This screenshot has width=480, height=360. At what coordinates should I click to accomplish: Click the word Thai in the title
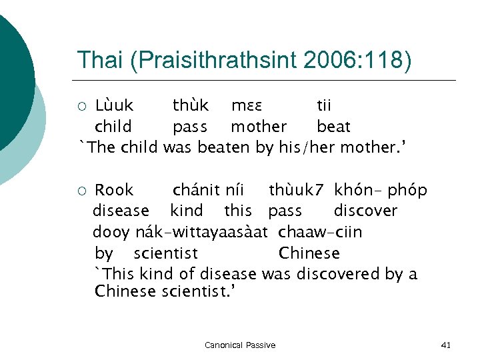tap(99, 60)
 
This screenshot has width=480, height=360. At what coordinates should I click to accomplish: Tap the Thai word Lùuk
tap(114, 105)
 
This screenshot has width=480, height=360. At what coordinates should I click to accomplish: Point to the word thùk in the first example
tap(191, 105)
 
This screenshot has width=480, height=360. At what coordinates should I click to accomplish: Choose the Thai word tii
tap(324, 105)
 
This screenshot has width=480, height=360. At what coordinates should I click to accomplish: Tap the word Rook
tap(114, 190)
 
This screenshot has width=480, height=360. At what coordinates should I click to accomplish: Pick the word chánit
tap(196, 190)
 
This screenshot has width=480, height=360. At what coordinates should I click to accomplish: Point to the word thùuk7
tap(297, 190)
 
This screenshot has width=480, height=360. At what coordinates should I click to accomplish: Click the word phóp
tap(408, 190)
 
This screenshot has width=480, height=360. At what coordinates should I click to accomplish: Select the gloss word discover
tap(365, 211)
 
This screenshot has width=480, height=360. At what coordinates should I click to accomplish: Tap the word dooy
tap(111, 232)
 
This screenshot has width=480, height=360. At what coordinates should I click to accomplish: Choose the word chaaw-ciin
tap(321, 232)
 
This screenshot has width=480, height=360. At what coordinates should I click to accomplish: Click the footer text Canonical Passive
tap(240, 345)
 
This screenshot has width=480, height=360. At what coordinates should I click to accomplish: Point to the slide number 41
tap(446, 345)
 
